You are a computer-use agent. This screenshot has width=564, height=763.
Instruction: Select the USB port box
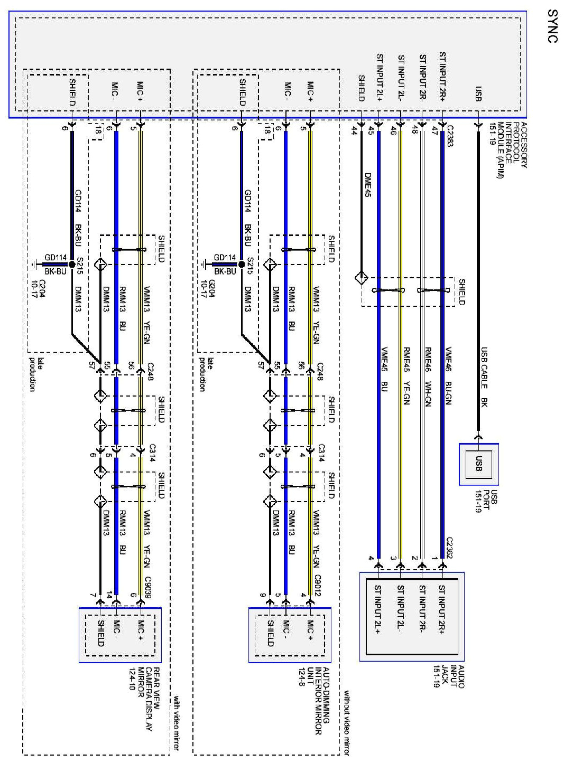[478, 464]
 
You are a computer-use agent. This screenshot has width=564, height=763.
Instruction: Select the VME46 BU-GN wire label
[448, 375]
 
